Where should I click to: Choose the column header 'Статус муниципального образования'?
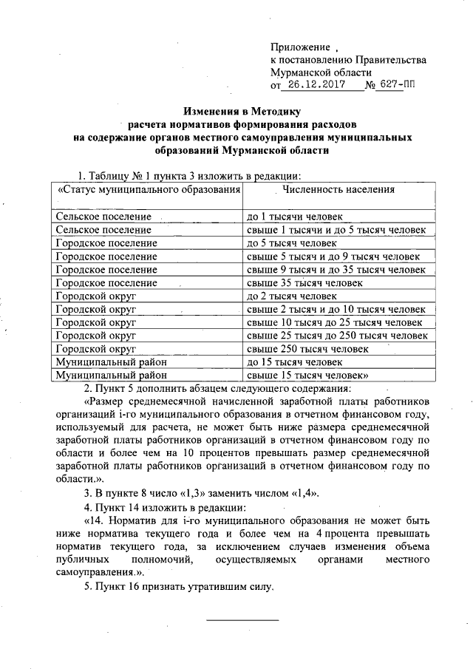149,189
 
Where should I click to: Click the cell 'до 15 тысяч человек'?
293,362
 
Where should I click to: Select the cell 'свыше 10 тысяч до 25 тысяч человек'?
333,323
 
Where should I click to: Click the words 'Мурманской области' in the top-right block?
319,72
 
